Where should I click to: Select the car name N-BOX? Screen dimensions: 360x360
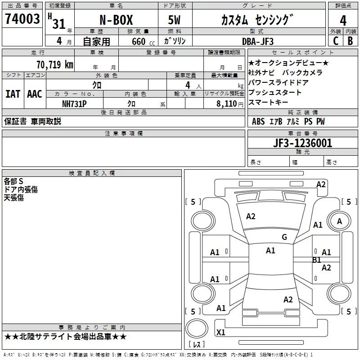116,21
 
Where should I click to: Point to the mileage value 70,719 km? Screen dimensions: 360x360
54,65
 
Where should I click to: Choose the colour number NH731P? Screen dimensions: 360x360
74,103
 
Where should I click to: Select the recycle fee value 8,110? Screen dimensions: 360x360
226,103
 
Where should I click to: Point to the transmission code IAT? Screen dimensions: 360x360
13,94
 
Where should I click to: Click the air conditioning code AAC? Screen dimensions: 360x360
35,94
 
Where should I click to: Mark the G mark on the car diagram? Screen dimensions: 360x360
284,237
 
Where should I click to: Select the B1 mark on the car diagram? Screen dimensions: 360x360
316,260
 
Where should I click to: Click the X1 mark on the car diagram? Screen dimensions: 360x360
221,333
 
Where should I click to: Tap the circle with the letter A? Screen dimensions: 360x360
340,221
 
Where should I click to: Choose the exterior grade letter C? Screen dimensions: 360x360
335,41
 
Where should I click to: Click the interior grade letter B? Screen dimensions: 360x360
350,41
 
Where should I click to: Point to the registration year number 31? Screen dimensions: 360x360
59,24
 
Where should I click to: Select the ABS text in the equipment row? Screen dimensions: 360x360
258,121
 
